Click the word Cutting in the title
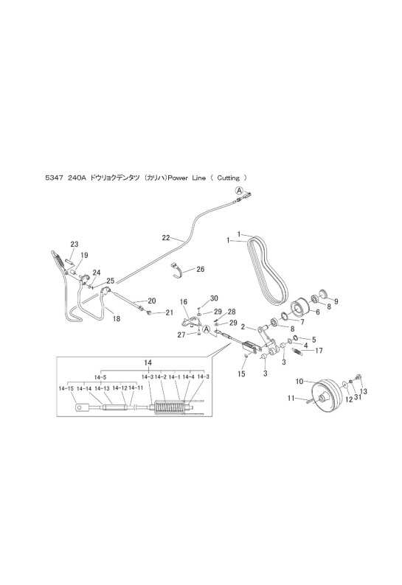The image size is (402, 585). (228, 178)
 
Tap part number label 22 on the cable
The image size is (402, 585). (166, 237)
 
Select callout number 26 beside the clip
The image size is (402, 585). (200, 269)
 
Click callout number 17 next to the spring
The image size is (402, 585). (319, 350)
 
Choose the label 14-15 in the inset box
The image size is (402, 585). (66, 388)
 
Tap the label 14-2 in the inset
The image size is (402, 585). (160, 376)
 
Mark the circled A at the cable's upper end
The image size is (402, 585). (239, 191)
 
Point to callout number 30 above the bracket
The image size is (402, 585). (214, 298)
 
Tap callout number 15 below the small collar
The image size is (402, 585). (241, 374)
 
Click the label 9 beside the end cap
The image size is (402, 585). (336, 301)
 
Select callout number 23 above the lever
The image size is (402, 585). (74, 245)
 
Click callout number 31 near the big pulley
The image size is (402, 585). (358, 398)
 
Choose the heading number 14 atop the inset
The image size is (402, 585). (148, 362)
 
